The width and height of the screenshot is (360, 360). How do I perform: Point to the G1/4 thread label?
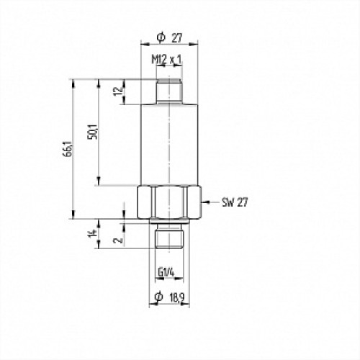(166, 273)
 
